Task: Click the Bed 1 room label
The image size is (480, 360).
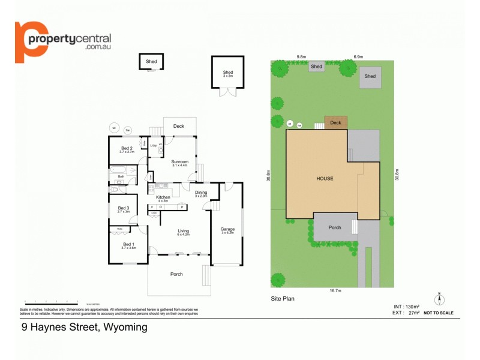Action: pyautogui.click(x=128, y=244)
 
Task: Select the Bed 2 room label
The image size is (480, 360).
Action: pyautogui.click(x=127, y=148)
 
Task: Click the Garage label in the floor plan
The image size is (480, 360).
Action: pyautogui.click(x=227, y=229)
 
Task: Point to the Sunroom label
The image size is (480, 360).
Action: pyautogui.click(x=180, y=161)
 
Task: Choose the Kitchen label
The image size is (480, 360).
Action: pyautogui.click(x=163, y=197)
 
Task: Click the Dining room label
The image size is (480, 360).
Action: pyautogui.click(x=200, y=192)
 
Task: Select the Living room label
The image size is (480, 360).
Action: pyautogui.click(x=183, y=231)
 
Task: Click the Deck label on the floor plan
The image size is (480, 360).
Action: pyautogui.click(x=179, y=126)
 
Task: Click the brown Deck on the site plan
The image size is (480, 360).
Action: pyautogui.click(x=335, y=122)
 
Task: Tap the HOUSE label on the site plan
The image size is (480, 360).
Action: pyautogui.click(x=325, y=178)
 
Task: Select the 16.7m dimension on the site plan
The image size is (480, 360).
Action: pyautogui.click(x=335, y=290)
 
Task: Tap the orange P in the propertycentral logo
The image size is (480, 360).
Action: pyautogui.click(x=28, y=41)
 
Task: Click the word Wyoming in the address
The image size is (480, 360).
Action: pyautogui.click(x=125, y=328)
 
